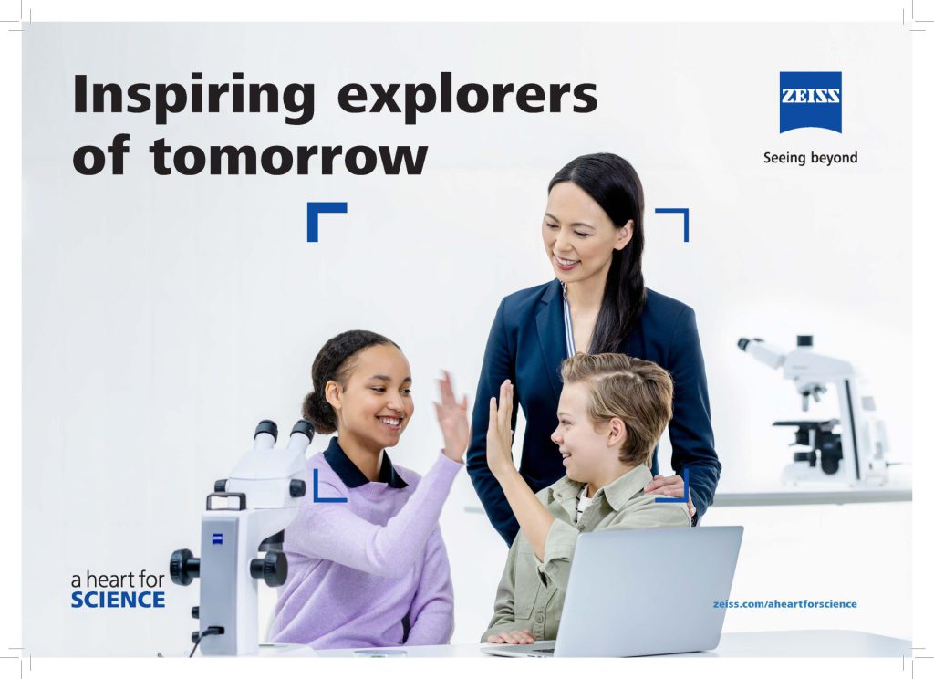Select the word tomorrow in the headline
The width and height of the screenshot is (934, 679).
click(x=288, y=156)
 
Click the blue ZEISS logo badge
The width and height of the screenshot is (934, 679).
click(x=810, y=102)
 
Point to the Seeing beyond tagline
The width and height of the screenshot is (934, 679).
click(x=810, y=158)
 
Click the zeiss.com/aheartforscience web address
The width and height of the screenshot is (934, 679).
click(x=785, y=604)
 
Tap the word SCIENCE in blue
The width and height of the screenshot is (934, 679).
click(x=118, y=601)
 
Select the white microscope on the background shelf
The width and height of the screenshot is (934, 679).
click(x=816, y=412)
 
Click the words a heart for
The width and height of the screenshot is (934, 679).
click(x=118, y=580)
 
